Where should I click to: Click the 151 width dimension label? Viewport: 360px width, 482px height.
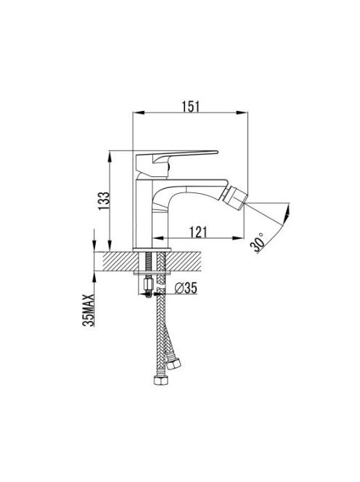click(x=191, y=107)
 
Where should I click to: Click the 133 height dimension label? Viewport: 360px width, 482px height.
click(x=104, y=201)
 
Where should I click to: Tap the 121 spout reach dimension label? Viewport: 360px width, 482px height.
click(x=198, y=232)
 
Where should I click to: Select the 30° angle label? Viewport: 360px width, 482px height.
click(x=258, y=242)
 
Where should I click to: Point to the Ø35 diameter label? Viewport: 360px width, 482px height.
click(x=186, y=288)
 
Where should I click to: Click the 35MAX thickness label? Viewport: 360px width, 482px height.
click(x=89, y=310)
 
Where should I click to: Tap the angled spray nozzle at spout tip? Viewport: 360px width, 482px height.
click(x=236, y=198)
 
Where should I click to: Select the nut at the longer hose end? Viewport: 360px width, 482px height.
click(x=161, y=380)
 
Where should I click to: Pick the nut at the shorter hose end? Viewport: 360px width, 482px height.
click(x=174, y=364)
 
